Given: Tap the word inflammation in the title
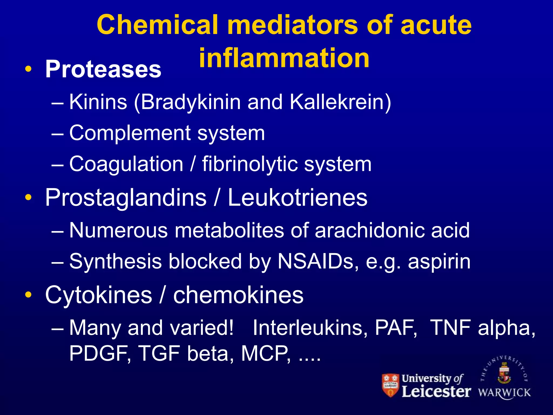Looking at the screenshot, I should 284,58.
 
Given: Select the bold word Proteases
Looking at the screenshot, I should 103,69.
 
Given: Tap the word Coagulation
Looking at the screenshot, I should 126,164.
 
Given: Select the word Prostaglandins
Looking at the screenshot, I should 126,198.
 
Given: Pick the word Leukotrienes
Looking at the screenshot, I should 298,198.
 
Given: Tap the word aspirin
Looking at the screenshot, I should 439,261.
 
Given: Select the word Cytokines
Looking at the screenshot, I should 99,295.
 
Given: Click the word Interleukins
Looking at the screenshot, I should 310,327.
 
